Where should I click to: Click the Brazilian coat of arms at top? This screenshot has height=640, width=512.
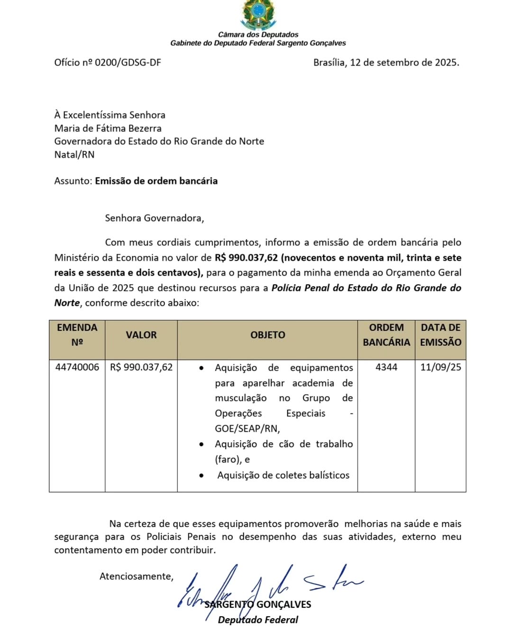point(258,14)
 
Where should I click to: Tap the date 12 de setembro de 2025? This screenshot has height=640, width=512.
point(404,63)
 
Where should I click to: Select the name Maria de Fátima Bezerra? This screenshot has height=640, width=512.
point(108,128)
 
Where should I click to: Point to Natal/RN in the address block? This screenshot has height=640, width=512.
point(74,155)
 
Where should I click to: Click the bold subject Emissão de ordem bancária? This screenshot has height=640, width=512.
point(156,181)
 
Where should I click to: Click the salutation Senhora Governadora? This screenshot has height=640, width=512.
point(154,218)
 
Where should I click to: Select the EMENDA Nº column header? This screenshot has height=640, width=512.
point(77,335)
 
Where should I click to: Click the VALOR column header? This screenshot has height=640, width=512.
point(141,335)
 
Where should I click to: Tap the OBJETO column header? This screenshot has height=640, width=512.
point(268,335)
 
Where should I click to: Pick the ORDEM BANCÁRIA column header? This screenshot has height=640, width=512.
point(386,335)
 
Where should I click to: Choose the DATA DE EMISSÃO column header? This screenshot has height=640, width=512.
point(440,335)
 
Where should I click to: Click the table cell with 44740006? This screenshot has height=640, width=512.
point(77,367)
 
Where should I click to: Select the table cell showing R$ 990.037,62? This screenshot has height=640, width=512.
point(141,367)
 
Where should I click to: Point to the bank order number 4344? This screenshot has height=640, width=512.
point(386,367)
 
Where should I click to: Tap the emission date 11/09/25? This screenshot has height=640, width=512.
point(440,367)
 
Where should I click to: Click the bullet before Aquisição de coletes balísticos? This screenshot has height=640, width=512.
point(202,475)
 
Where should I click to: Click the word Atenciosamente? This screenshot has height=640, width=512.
point(136,576)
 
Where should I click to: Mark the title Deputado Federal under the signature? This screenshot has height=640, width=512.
point(258,620)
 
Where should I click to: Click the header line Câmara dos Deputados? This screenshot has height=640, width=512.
point(258,35)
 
